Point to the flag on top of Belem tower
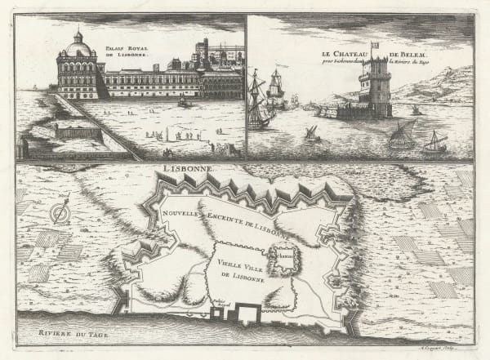(375, 45)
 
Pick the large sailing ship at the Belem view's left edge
(260, 102)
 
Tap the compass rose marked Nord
(58, 214)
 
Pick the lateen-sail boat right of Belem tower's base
(403, 135)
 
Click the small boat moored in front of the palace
(185, 102)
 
